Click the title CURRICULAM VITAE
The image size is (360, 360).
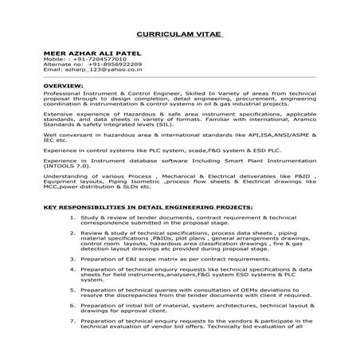[180, 36]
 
